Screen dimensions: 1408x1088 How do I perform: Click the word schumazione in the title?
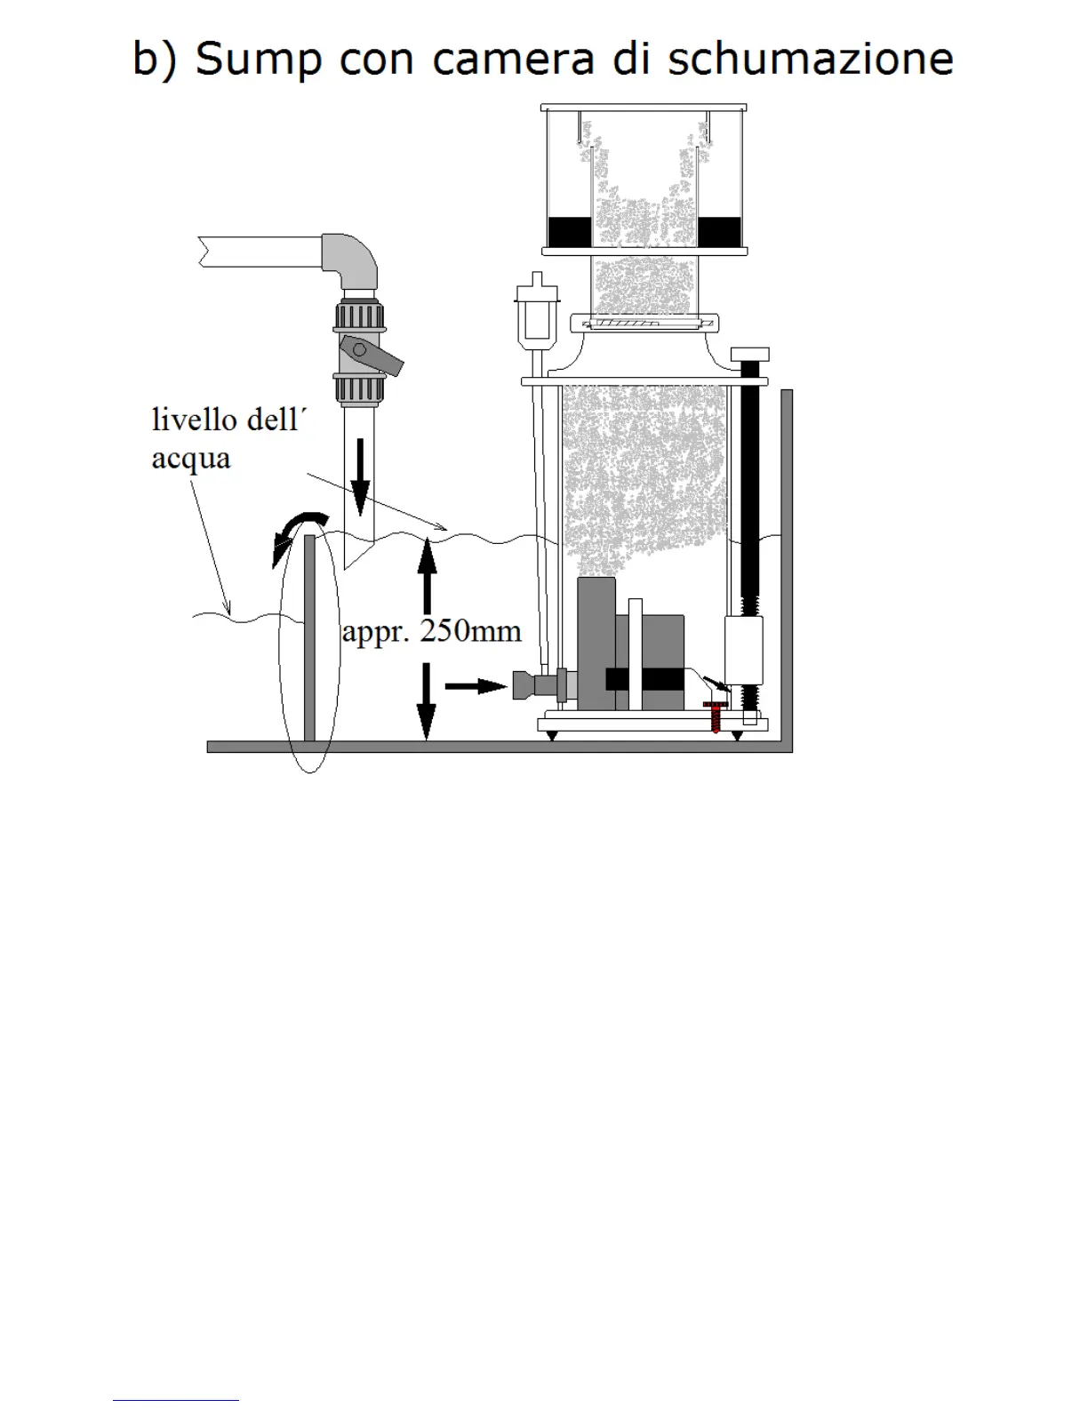point(810,60)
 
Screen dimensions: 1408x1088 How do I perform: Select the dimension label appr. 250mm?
point(432,631)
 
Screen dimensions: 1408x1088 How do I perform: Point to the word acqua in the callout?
point(190,459)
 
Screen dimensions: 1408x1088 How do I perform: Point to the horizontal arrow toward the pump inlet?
point(475,685)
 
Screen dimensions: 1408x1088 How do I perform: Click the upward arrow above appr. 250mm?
point(428,574)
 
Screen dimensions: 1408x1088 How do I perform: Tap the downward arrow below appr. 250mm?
point(428,702)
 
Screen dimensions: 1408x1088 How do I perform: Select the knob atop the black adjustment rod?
point(749,355)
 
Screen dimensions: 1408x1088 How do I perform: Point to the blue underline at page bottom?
point(175,1400)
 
